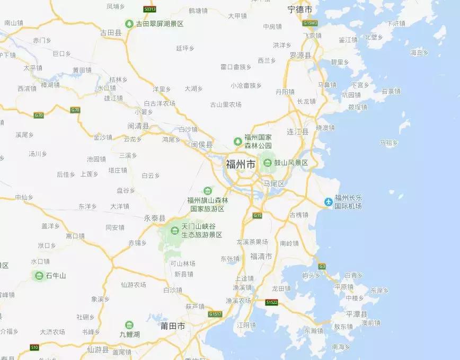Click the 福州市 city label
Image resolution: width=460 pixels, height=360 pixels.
(241, 164)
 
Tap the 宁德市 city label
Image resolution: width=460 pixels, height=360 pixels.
(299, 10)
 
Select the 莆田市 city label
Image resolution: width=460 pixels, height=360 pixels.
(173, 326)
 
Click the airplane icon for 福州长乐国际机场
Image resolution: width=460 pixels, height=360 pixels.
(328, 201)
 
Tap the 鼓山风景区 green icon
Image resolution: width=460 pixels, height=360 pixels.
(268, 162)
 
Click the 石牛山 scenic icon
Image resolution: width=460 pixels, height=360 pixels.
(39, 275)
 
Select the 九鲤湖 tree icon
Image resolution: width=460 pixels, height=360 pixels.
(129, 325)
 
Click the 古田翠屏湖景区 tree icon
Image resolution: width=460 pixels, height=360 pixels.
(129, 24)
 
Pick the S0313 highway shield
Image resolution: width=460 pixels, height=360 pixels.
(150, 9)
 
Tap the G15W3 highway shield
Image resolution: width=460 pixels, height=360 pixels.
(310, 23)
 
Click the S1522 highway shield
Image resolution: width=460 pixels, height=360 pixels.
(272, 302)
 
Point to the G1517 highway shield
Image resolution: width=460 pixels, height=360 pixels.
(215, 314)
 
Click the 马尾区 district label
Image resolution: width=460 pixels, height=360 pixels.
(274, 183)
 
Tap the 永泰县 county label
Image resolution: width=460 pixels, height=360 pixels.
(155, 218)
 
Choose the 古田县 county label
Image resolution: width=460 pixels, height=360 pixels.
(111, 33)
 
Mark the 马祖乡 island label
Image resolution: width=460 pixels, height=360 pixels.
(389, 142)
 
